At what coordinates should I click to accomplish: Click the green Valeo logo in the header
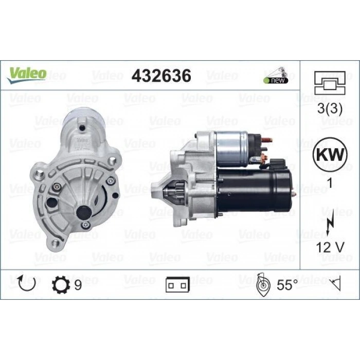26,73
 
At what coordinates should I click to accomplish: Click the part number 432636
161,76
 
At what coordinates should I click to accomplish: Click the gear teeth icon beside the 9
61,283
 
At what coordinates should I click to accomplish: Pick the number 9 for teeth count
78,284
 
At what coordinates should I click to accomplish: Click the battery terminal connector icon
177,284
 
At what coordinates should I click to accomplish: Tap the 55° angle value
287,284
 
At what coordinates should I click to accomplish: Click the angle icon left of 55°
263,284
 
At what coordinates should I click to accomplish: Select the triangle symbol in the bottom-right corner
335,283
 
